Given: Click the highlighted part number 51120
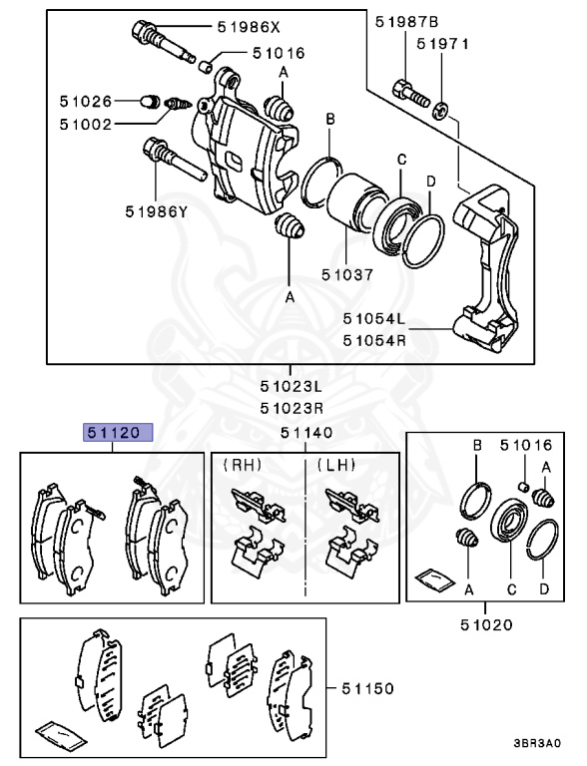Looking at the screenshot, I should pos(117,432).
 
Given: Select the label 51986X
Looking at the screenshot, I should pos(251,29).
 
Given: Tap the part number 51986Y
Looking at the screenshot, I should pos(157,210).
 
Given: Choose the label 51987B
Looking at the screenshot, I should pos(407,21).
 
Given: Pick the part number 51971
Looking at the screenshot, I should pos(443,44).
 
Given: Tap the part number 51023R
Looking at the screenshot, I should pos(293,408).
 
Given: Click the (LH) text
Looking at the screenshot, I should pos(336,465).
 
